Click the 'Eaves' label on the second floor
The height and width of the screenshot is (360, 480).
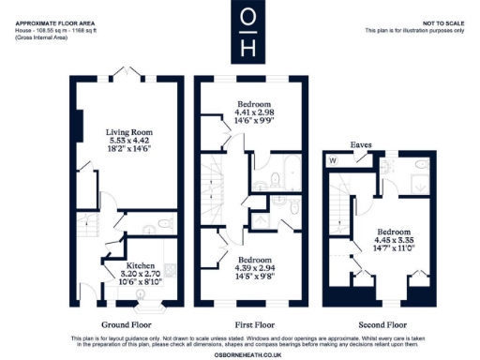click(361, 145)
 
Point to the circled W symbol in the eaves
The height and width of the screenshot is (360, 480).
click(333, 160)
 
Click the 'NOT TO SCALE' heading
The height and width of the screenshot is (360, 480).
click(443, 22)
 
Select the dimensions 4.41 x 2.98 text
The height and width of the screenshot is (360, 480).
click(254, 112)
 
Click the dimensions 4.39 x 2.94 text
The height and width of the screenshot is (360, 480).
click(254, 268)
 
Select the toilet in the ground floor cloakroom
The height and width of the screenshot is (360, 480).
click(163, 225)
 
